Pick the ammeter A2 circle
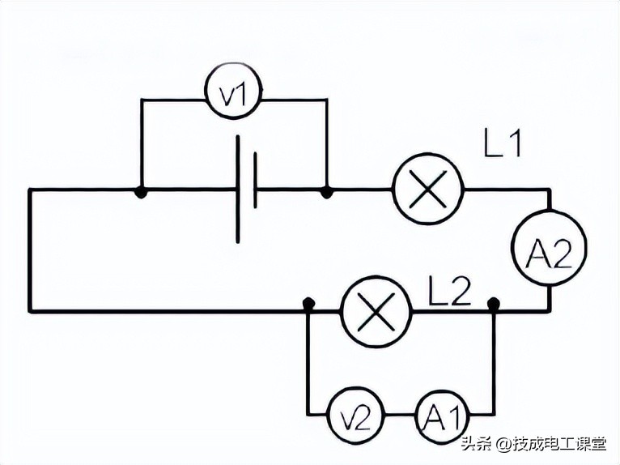[x=549, y=256]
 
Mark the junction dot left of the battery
[x=141, y=192]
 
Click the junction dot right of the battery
[x=326, y=192]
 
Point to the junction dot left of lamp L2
[x=308, y=305]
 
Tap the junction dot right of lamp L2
[x=494, y=305]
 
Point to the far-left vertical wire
[x=30, y=251]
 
